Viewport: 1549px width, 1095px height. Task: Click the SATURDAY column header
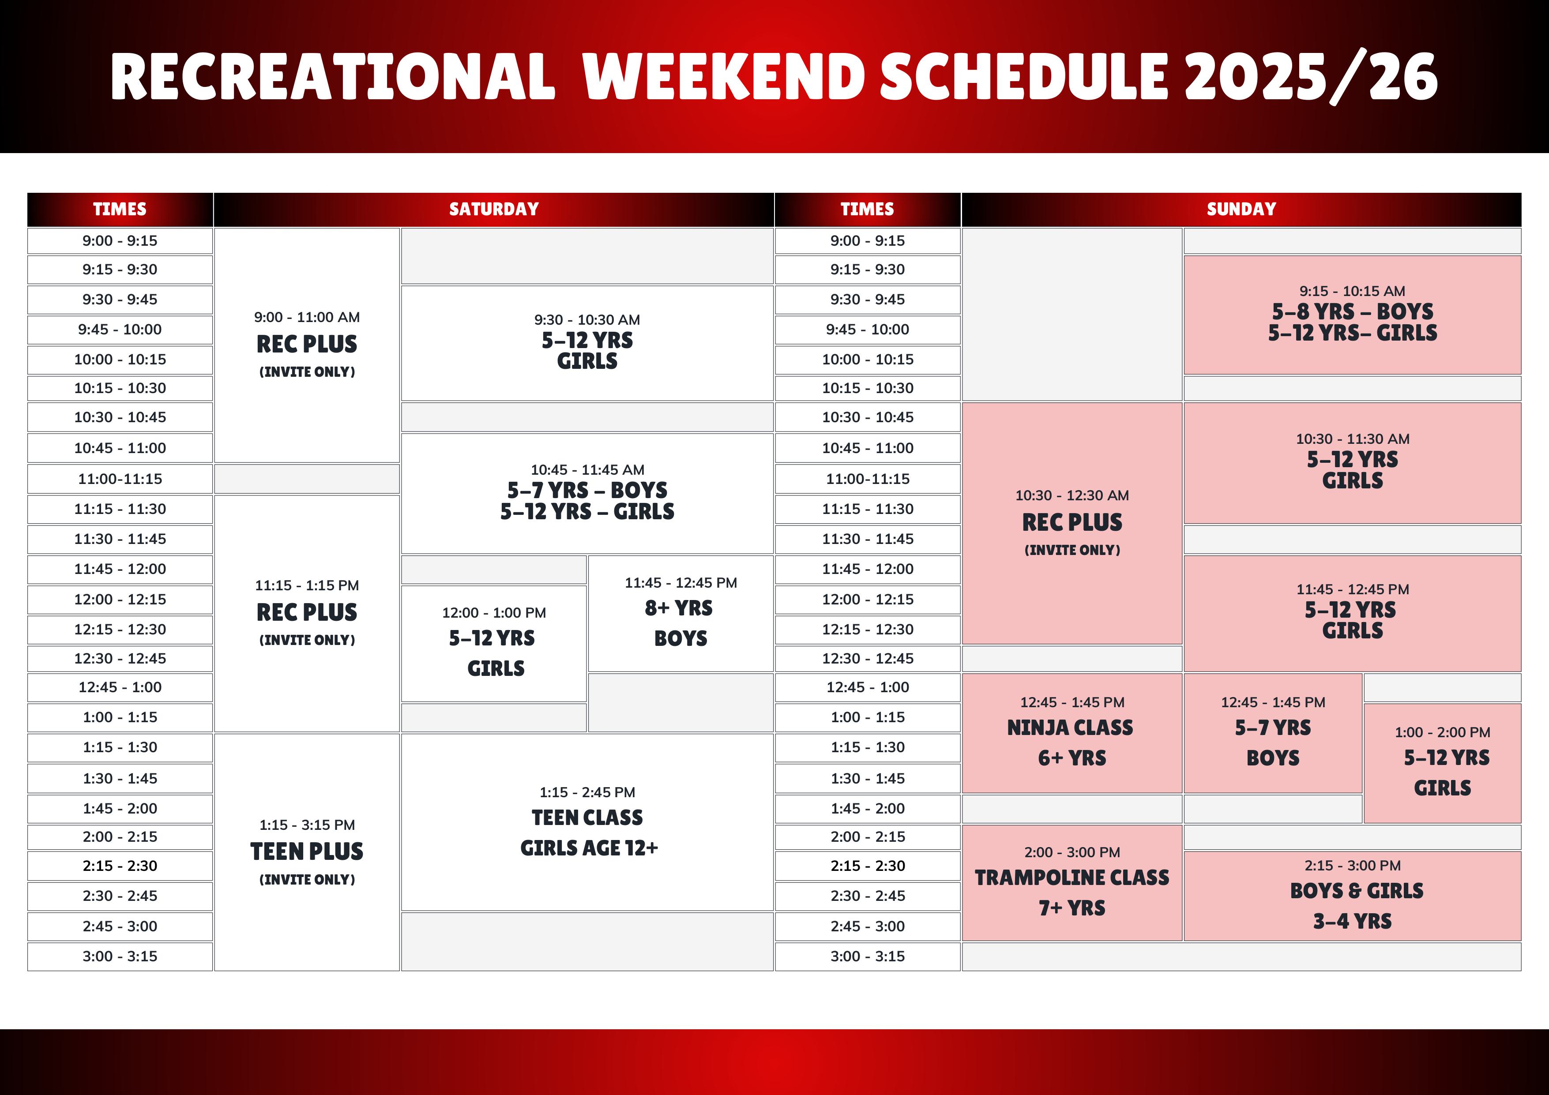click(x=494, y=209)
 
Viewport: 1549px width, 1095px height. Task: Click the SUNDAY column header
click(x=1241, y=209)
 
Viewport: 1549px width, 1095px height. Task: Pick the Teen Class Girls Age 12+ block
click(x=587, y=822)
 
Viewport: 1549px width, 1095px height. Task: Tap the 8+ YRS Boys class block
click(x=681, y=613)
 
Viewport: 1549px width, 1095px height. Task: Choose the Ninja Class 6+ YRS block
click(x=1072, y=733)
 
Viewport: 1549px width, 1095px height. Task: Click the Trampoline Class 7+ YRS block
click(x=1072, y=883)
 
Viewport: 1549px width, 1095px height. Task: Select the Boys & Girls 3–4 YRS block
click(x=1353, y=896)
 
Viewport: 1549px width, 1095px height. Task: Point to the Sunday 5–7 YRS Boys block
click(x=1273, y=733)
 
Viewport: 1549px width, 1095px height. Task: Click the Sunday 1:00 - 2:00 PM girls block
click(x=1442, y=763)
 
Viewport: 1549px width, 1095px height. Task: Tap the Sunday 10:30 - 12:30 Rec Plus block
click(x=1072, y=523)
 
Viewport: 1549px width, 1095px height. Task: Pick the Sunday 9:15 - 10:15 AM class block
click(x=1353, y=315)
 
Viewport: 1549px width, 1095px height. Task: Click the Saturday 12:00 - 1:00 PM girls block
click(x=494, y=644)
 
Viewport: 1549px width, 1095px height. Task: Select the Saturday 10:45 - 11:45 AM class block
click(x=587, y=494)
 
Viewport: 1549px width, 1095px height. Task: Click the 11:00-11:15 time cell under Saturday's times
click(x=120, y=479)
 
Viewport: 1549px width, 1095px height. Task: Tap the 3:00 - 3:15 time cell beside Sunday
click(x=868, y=956)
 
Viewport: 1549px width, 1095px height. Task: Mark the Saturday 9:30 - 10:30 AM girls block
click(x=587, y=343)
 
